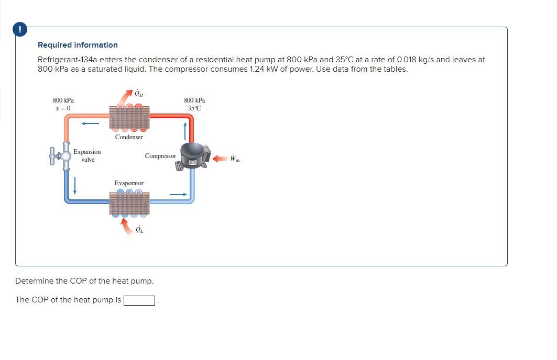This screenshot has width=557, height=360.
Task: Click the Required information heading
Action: pos(78,45)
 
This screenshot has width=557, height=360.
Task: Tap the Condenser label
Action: pos(129,137)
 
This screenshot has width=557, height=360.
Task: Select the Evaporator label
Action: pos(129,183)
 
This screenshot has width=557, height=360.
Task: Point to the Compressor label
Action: pos(160,156)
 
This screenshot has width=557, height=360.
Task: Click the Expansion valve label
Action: pos(87,155)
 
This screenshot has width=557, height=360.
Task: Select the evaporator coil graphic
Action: pos(129,204)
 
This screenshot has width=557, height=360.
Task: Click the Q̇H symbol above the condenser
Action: pos(139,95)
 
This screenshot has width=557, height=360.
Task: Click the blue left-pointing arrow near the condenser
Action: pos(90,124)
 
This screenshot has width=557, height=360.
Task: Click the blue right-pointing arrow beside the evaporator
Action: pos(178,195)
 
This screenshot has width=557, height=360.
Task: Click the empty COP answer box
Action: pos(139,300)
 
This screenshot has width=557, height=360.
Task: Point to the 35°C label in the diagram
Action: pos(194,108)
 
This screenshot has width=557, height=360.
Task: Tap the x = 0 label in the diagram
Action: pos(63,108)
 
